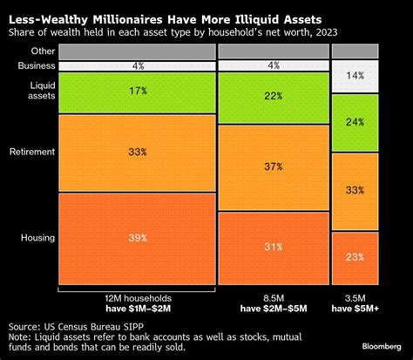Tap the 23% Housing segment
point(355,256)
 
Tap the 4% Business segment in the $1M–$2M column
point(137,65)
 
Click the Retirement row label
point(32,151)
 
